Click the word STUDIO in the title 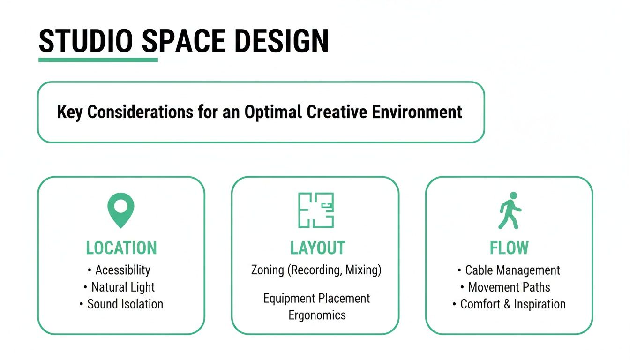[x=86, y=41]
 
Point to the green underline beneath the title [x=98, y=60]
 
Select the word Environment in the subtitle [x=417, y=112]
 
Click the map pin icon [x=121, y=210]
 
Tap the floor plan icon [x=316, y=210]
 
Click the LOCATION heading [x=121, y=248]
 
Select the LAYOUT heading [x=317, y=248]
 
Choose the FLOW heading [x=509, y=248]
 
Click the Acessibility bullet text [x=123, y=270]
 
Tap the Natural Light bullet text [x=123, y=287]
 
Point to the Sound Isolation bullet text [x=125, y=304]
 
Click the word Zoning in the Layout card [x=268, y=270]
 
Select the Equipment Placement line [x=317, y=299]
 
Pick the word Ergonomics [x=317, y=315]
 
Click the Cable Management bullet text [x=512, y=270]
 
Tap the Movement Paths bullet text [x=509, y=287]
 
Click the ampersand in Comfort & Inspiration [x=507, y=304]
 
